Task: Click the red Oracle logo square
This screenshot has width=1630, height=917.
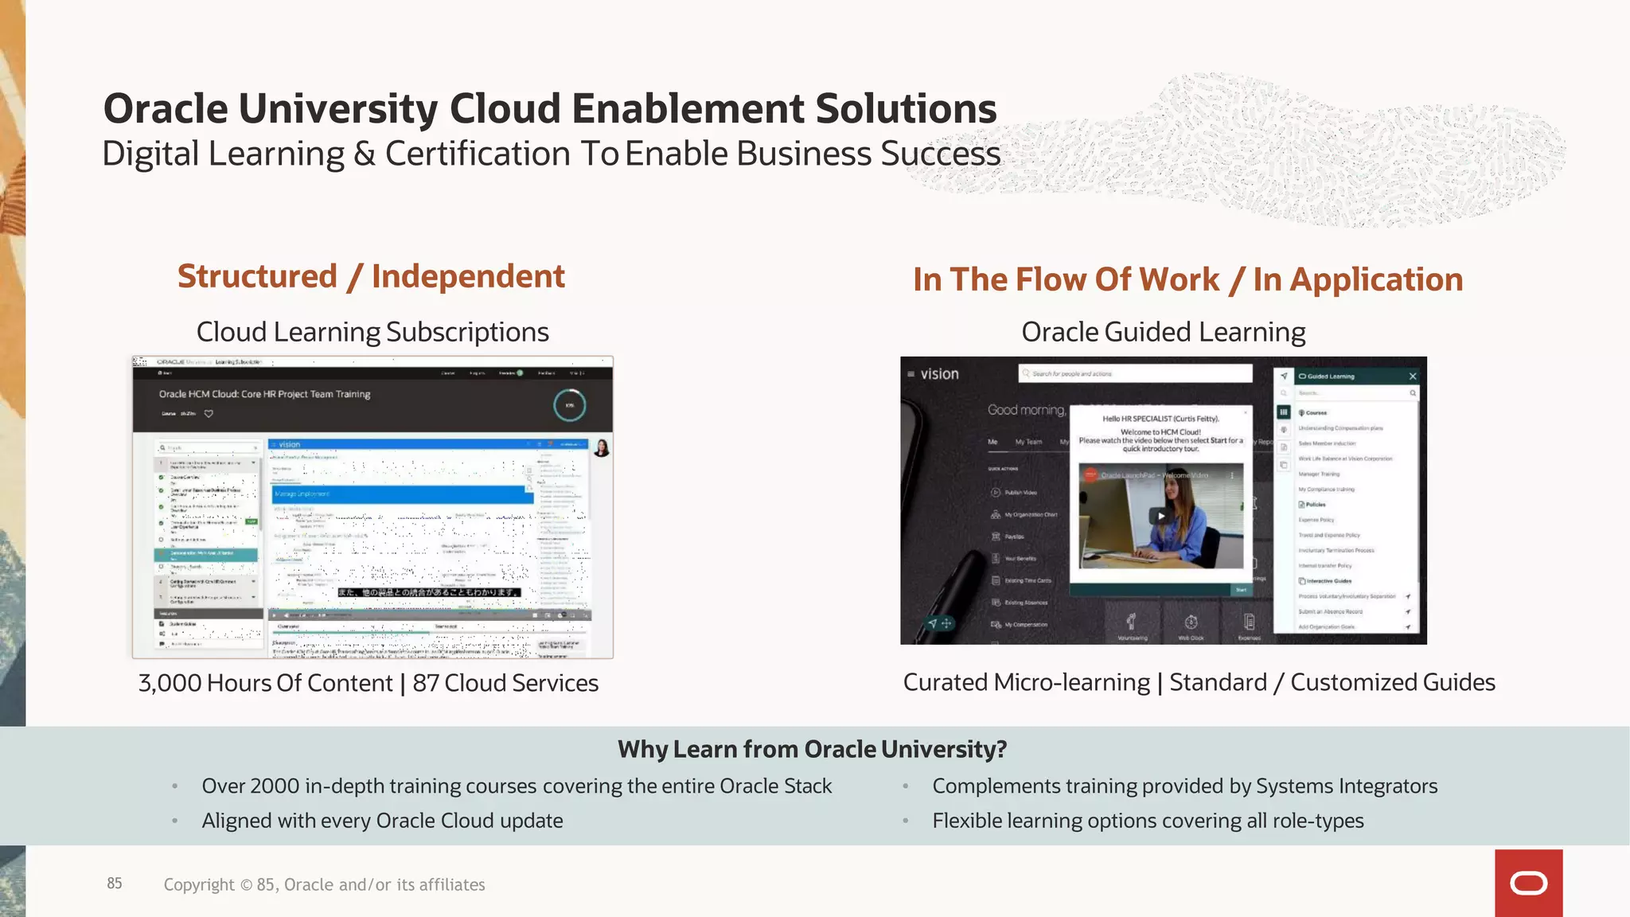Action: [x=1528, y=883]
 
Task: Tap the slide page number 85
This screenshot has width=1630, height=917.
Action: [x=115, y=884]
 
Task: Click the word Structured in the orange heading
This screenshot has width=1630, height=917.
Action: [x=257, y=276]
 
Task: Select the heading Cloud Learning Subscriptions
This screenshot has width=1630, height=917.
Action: [x=372, y=332]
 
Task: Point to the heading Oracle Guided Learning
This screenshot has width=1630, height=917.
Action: [x=1163, y=332]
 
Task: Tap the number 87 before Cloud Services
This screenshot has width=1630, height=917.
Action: [x=426, y=683]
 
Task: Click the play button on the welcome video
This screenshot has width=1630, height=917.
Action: [x=1161, y=516]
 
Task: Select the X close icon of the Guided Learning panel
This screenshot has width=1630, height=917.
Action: [x=1413, y=377]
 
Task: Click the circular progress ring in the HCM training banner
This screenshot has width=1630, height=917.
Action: [x=569, y=405]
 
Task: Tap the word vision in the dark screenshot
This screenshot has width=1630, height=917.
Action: [x=939, y=374]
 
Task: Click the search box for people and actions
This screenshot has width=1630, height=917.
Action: [x=1135, y=373]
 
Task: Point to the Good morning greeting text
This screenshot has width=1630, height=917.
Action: [x=1026, y=410]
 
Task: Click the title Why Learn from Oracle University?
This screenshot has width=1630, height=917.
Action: [x=812, y=749]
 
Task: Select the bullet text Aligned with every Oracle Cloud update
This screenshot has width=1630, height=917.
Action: [x=382, y=821]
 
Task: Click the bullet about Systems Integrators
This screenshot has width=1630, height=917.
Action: [x=1184, y=786]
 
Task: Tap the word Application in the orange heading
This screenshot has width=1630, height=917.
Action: [x=1376, y=279]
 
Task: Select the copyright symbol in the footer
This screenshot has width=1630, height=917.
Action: [x=246, y=885]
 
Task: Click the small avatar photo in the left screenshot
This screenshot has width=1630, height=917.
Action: [x=602, y=448]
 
